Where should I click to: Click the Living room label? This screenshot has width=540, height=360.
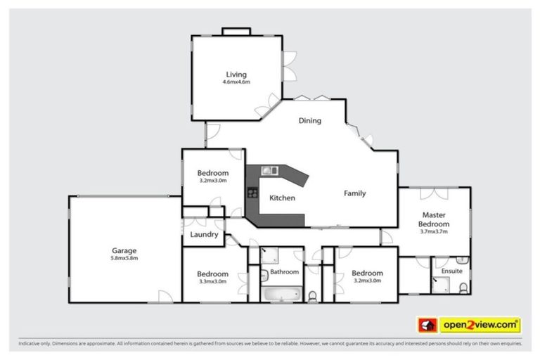coord(236,74)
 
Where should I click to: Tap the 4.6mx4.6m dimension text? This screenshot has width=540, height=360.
coord(236,82)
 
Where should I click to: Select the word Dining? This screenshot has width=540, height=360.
coord(309,120)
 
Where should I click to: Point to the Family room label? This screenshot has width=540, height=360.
coord(354,193)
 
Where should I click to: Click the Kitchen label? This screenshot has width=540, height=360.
coord(282,198)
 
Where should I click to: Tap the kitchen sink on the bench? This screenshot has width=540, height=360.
coord(271,170)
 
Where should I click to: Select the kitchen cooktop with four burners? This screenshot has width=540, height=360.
coord(251,193)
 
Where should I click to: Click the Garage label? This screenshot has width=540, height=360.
coord(124,250)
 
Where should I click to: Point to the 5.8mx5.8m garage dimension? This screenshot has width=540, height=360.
coord(124,258)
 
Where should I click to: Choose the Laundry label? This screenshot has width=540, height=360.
coord(204,234)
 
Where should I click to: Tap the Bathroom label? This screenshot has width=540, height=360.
coord(285,271)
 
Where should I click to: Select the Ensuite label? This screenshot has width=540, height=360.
coord(451,270)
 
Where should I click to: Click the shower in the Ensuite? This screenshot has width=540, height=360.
coord(441,284)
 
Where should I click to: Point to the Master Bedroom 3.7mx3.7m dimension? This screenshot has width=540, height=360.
coord(435,231)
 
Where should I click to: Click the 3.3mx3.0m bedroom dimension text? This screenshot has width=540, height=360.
coord(212,281)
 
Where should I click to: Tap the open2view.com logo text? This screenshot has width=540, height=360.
coord(480,325)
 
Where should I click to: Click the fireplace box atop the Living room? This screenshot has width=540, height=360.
coord(236,31)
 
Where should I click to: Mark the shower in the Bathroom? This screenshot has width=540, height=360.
coord(271,255)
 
